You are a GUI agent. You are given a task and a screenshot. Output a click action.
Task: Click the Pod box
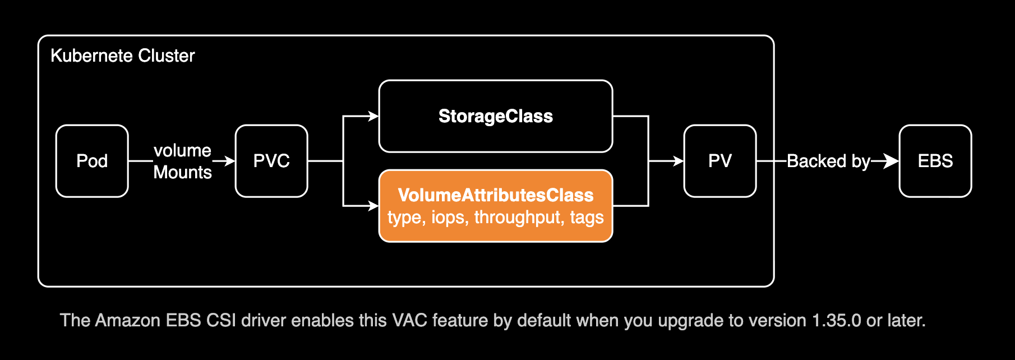click(92, 161)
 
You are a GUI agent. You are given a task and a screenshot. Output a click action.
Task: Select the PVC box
click(271, 161)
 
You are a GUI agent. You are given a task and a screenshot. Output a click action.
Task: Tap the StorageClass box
click(496, 116)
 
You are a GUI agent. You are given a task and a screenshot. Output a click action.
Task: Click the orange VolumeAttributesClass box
click(496, 205)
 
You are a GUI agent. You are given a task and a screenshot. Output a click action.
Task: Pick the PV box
click(720, 161)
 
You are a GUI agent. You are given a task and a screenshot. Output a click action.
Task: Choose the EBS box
click(935, 161)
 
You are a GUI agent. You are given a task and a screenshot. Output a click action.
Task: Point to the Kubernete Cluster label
click(123, 56)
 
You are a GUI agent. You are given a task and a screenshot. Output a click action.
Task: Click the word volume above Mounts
click(182, 150)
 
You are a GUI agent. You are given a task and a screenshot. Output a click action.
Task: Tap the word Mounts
click(182, 172)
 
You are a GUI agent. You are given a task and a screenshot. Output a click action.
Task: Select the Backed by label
click(828, 161)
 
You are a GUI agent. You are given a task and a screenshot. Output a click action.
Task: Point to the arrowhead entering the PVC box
click(229, 161)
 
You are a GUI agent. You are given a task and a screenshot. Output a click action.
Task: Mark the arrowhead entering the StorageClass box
click(373, 116)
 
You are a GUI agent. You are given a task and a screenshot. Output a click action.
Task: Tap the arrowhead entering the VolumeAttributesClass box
click(373, 206)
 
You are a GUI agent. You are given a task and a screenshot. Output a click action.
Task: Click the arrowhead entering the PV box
click(677, 161)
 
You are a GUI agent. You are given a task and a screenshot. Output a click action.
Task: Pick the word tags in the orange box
click(587, 218)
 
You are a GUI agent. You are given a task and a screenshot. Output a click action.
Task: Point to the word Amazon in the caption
click(128, 320)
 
